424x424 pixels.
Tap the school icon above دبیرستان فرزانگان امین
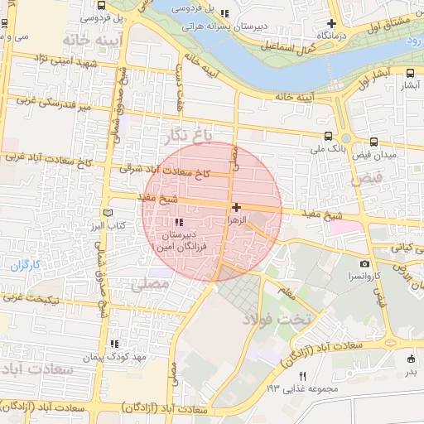pyautogui.click(x=180, y=222)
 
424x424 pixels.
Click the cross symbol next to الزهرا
pyautogui.click(x=237, y=207)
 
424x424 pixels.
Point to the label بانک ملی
pyautogui.click(x=326, y=150)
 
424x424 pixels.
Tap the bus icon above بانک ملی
pyautogui.click(x=329, y=137)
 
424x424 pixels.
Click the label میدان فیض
pyautogui.click(x=375, y=155)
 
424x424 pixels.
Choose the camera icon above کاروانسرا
pyautogui.click(x=365, y=263)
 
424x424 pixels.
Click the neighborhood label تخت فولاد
pyautogui.click(x=278, y=319)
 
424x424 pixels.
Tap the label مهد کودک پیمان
pyautogui.click(x=113, y=357)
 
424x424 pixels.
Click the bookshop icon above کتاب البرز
pyautogui.click(x=107, y=213)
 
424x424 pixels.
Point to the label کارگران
pyautogui.click(x=26, y=265)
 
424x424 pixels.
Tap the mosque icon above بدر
pyautogui.click(x=411, y=359)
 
